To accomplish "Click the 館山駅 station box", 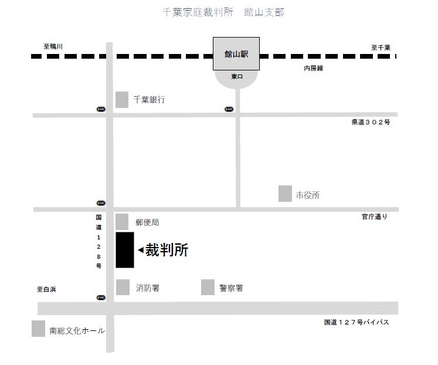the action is pos(236,53).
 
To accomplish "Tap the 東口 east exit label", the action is pos(237,76).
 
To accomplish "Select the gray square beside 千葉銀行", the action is pos(122,100).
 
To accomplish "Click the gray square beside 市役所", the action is pos(285,194).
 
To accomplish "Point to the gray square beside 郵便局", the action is pos(122,222).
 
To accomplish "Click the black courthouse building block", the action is pos(125,250).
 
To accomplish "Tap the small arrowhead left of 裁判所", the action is pos(141,249).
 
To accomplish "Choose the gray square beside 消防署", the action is pos(123,287).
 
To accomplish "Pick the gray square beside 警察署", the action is pos(208,287).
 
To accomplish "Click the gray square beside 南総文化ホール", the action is pos(38,329).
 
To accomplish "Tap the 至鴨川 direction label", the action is pos(53,46).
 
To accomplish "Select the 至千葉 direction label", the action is pos(381,48).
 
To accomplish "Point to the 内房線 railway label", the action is pos(314,68).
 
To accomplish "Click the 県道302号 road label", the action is pos(371,122).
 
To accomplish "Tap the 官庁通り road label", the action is pos(374,217).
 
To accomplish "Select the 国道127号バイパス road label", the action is pos(356,322).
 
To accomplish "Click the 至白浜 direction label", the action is pos(46,289).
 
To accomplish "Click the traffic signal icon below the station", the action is pos(229,109).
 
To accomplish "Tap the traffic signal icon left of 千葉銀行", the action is pos(101,109).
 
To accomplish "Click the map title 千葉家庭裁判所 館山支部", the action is pos(223,12).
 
